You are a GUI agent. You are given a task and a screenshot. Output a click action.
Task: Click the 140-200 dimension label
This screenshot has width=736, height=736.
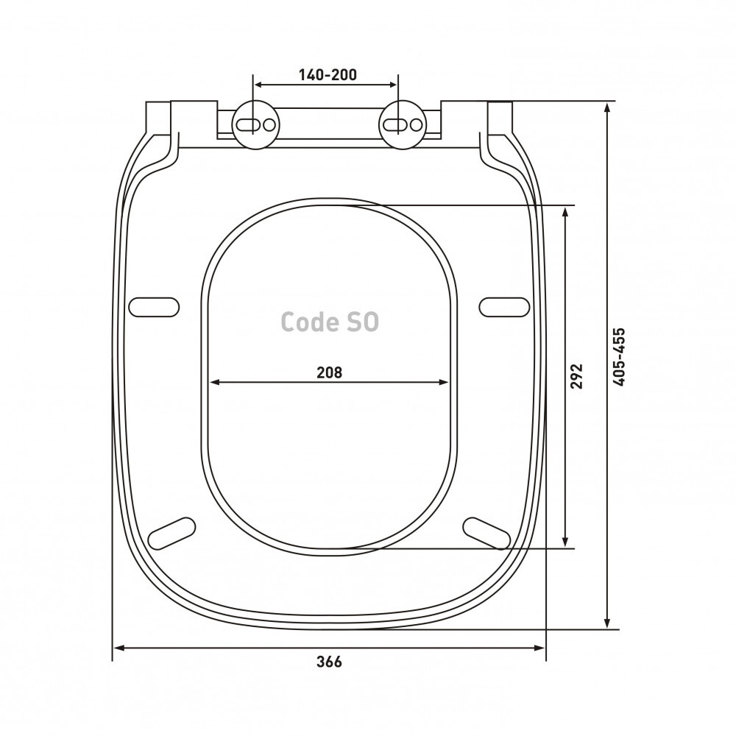[x=328, y=74]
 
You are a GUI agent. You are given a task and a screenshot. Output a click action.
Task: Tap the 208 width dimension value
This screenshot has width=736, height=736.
[x=330, y=372]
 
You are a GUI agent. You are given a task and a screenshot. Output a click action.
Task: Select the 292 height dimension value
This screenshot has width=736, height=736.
[x=576, y=375]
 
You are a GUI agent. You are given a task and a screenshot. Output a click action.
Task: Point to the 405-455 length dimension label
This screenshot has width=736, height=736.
[x=619, y=357]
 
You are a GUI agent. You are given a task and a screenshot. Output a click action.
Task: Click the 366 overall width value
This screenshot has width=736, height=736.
[x=330, y=662]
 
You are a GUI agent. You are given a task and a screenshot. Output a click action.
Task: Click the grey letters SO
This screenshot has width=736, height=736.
[x=363, y=322]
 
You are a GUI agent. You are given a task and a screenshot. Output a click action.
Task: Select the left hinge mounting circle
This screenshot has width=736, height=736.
[x=256, y=125]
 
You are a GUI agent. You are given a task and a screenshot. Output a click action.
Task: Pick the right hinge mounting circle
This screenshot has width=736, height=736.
[x=403, y=125]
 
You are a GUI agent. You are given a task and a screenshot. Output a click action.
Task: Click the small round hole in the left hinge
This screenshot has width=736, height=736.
[x=269, y=125]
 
